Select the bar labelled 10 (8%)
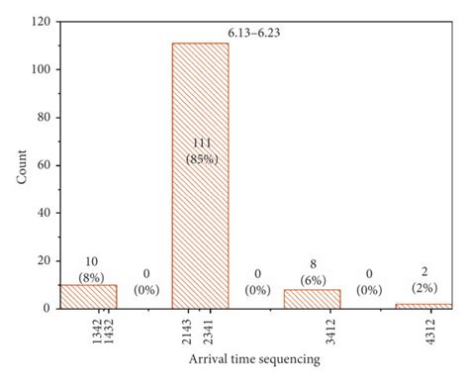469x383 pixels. [88, 296]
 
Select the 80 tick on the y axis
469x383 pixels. [42, 117]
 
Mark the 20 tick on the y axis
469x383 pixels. [42, 260]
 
